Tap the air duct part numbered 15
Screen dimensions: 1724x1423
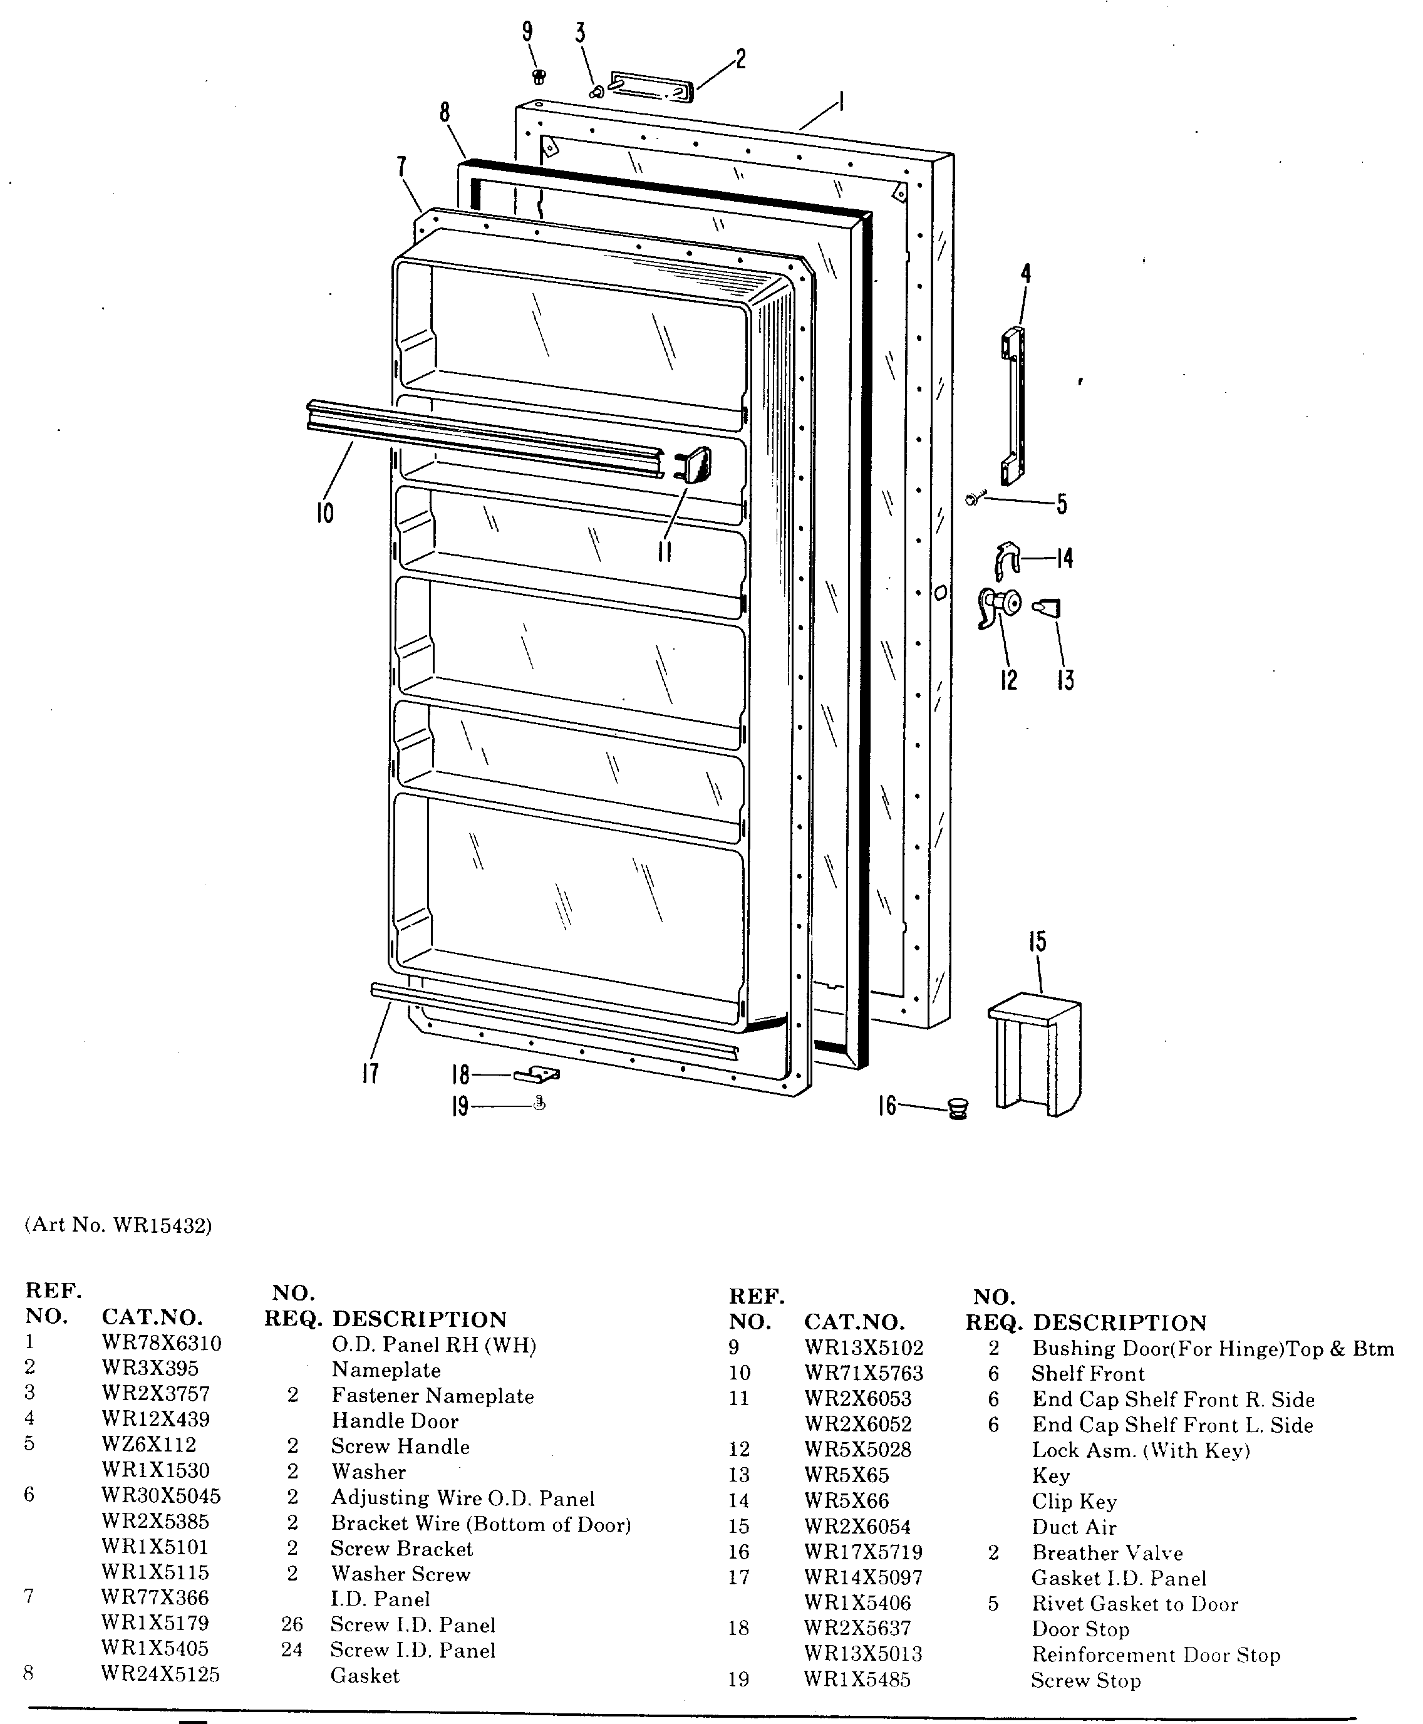1035,1054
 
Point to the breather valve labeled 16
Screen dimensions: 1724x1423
958,1109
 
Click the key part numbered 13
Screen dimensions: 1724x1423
1048,608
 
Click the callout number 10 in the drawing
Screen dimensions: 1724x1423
324,514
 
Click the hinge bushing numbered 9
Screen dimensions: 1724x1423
539,77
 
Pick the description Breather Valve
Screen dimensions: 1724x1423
1107,1553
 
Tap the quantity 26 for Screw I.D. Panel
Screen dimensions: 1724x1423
292,1625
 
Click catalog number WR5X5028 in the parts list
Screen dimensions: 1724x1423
857,1450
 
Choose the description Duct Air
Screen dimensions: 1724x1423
1074,1527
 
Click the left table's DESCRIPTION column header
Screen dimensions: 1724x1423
419,1319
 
